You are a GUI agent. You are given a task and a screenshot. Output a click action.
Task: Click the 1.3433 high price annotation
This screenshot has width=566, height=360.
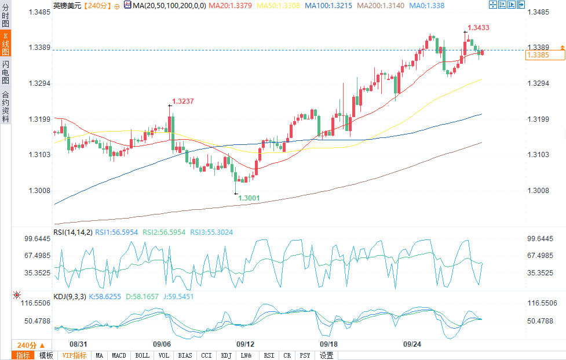(x=479, y=27)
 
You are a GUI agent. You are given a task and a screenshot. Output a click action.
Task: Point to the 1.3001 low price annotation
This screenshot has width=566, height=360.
(x=249, y=198)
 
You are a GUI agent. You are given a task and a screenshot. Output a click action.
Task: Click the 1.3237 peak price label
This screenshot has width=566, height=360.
(x=182, y=101)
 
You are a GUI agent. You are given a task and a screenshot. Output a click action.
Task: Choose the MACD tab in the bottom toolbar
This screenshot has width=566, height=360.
(x=119, y=355)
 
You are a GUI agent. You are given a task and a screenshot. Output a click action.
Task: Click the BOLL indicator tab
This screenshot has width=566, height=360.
(x=141, y=355)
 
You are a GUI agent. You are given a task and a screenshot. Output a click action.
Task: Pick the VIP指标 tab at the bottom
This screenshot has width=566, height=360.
(x=74, y=355)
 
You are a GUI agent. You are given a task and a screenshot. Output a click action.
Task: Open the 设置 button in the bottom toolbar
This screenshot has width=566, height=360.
(x=326, y=355)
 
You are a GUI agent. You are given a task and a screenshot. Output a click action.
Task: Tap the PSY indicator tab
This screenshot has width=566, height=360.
(x=305, y=355)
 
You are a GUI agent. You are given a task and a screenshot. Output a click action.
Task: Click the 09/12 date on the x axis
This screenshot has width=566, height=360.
(x=246, y=344)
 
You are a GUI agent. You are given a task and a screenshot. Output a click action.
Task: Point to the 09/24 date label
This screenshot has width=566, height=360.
(x=412, y=344)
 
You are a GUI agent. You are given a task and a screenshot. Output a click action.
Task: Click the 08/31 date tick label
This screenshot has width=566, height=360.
(x=79, y=344)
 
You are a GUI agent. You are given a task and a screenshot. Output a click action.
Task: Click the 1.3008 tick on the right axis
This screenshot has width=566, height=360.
(x=538, y=191)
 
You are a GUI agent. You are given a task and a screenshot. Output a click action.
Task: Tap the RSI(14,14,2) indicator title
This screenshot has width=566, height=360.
(x=72, y=232)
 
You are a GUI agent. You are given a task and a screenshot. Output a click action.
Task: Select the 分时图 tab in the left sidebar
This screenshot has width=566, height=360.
(x=5, y=16)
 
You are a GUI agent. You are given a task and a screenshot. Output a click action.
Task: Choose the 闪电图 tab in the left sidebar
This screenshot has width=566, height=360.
(x=5, y=72)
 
